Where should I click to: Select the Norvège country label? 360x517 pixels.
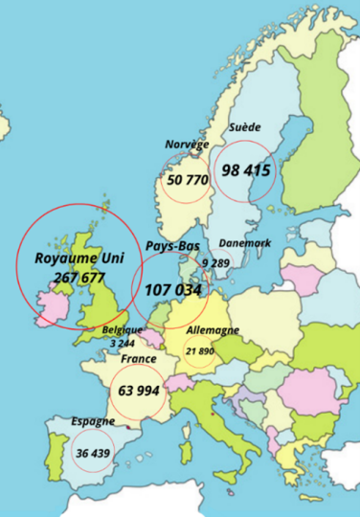click(x=186, y=145)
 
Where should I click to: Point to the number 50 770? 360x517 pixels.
click(x=188, y=179)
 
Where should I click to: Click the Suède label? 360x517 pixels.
click(x=244, y=127)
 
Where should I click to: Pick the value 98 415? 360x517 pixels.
click(x=247, y=170)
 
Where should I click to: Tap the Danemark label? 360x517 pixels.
click(x=244, y=243)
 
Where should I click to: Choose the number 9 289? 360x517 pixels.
click(x=216, y=261)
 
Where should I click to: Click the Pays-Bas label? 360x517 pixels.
click(x=172, y=246)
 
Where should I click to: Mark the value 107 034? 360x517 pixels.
click(x=173, y=288)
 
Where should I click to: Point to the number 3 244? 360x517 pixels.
click(x=122, y=343)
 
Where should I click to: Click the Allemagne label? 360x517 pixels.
click(x=213, y=331)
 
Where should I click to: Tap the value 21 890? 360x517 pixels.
click(x=200, y=351)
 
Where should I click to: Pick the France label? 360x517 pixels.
click(x=139, y=359)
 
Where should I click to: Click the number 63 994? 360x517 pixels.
click(x=139, y=391)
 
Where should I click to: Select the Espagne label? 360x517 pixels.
click(x=93, y=420)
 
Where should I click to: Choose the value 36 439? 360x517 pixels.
click(x=92, y=453)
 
